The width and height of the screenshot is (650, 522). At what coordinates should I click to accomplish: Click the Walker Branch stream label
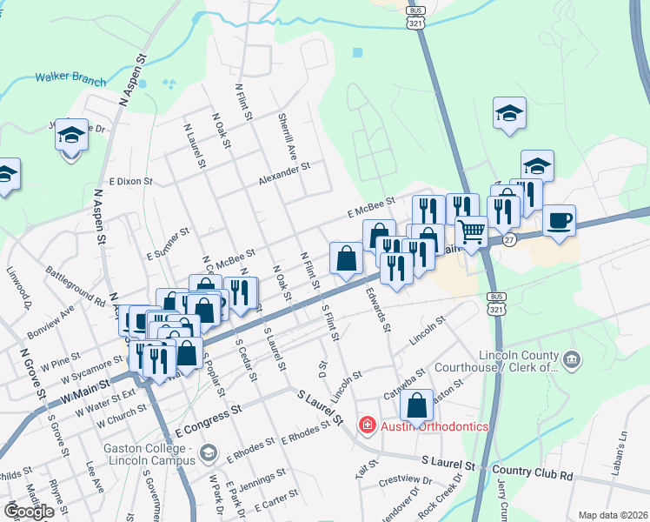point(70,78)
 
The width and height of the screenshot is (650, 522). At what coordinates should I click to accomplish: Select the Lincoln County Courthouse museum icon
point(572,358)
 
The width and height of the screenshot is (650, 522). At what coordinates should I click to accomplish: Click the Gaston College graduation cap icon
point(208,452)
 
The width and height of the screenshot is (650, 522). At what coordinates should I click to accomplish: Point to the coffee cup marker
point(559,220)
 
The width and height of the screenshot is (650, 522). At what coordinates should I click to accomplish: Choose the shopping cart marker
point(471,231)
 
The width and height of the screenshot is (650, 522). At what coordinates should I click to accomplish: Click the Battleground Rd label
point(76,284)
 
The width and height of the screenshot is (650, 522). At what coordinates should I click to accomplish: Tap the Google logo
point(29,512)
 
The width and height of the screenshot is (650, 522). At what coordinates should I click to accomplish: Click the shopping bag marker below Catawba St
point(418,405)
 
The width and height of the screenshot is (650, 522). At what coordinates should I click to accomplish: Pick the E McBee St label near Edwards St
point(371,206)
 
